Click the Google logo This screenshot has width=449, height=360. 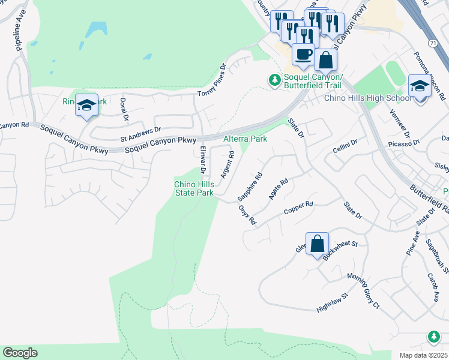20,353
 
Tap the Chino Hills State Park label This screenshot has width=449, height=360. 194,188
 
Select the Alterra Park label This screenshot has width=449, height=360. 245,138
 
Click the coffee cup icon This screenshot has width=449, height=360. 303,54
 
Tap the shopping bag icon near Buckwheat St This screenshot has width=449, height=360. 318,244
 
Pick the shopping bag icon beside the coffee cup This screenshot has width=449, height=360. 325,60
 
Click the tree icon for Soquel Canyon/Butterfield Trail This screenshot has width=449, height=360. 274,79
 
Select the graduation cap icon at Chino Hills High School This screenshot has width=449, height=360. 420,85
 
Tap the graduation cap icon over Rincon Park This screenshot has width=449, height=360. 87,106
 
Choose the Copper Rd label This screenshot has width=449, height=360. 298,208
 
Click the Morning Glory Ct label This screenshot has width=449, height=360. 364,291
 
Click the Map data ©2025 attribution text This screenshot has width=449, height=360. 424,355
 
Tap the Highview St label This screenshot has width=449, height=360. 333,303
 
